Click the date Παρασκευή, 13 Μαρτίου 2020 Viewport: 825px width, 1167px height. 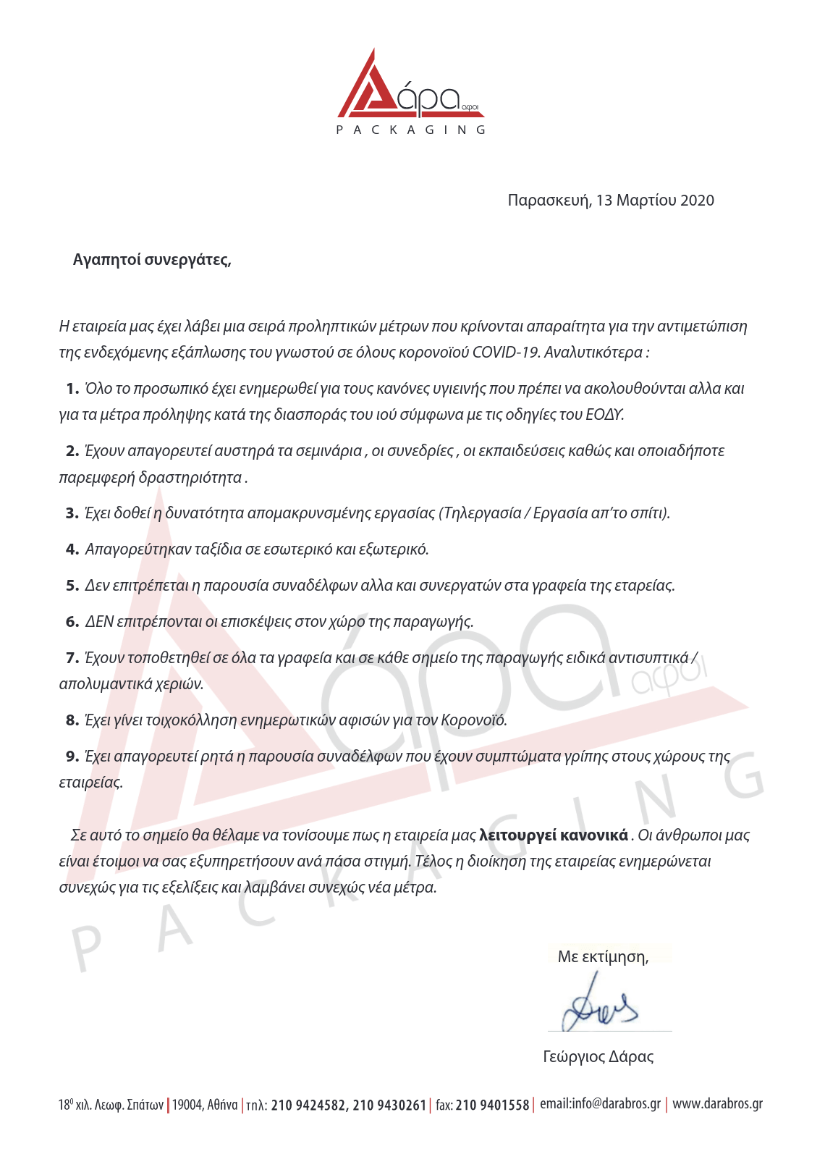coord(610,201)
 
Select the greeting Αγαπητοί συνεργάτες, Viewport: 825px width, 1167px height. coord(152,260)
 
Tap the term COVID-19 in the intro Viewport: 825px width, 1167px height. coord(506,353)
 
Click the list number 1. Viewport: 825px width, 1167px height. coord(72,389)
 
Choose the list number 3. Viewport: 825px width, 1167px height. coord(72,513)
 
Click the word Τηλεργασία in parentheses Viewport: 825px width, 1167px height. coord(481,513)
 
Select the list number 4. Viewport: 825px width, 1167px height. coord(72,549)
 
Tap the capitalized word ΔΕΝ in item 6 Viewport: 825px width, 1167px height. coord(99,622)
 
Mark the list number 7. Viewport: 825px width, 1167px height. coord(72,658)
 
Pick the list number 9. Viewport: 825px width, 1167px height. coord(72,757)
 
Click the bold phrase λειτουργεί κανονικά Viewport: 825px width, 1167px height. coord(554,835)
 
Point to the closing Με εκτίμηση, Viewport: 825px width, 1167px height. coord(603,957)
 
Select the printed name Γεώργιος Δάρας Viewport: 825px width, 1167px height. coord(598,1057)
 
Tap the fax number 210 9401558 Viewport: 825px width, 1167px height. coord(492,1105)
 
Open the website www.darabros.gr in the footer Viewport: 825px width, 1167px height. coord(717,1104)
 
